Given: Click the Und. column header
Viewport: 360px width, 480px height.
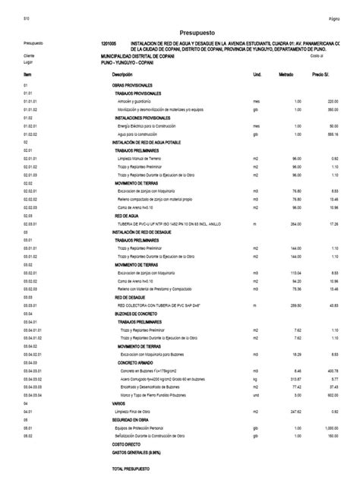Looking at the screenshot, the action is (x=257, y=74).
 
